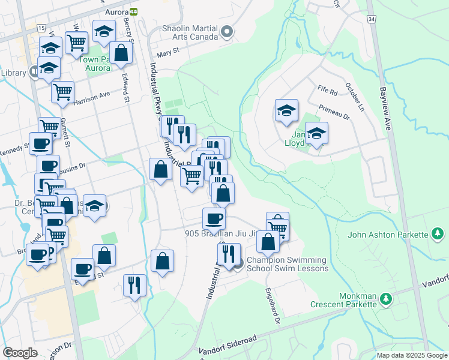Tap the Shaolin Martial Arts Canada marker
226,32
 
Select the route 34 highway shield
372,20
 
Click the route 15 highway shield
41,28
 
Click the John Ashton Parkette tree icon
438,233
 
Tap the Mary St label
167,52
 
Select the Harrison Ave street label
92,98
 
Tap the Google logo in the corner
20,353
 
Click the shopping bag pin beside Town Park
121,53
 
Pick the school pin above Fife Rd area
287,111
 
